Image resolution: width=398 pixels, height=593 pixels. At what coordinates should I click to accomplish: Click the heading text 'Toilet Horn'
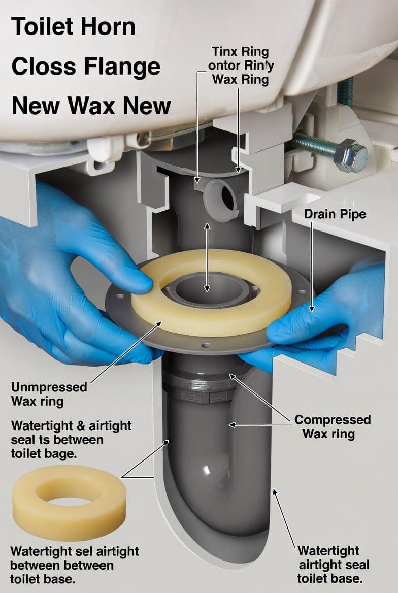pos(74,26)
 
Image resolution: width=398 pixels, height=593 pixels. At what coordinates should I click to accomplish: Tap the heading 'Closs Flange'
pos(86,67)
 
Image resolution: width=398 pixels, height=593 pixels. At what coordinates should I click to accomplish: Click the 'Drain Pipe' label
pos(335,214)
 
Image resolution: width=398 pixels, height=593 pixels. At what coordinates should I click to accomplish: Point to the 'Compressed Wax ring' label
pos(332,426)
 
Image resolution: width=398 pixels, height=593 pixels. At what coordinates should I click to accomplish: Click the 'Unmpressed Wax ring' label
pos(49,393)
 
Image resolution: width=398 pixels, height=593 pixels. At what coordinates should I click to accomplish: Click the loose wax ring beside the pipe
pos(69,497)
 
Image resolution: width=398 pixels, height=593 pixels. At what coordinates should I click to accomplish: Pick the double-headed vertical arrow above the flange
pos(207,257)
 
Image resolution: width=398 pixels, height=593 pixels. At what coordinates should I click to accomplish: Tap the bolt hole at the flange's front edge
pos(206,345)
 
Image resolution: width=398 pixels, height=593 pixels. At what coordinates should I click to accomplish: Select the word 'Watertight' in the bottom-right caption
pos(328,550)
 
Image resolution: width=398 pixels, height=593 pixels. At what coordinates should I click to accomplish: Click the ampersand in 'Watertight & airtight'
pos(81,426)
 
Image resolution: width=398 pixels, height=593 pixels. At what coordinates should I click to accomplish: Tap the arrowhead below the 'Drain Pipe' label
pos(311,309)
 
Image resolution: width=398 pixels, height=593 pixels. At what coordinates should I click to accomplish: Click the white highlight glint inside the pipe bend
pos(207,470)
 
